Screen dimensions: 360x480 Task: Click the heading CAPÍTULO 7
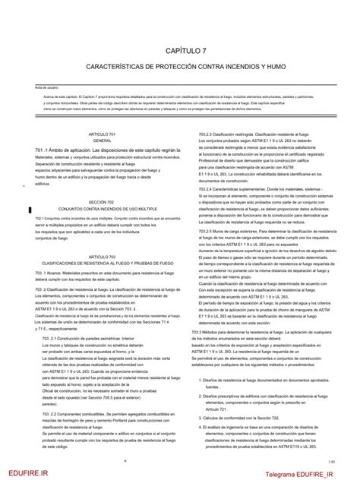tap(180, 50)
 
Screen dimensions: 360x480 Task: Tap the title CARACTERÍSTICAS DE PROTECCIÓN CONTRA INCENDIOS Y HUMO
tap(180, 69)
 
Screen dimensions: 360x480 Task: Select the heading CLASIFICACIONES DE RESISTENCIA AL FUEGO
tap(102, 264)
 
